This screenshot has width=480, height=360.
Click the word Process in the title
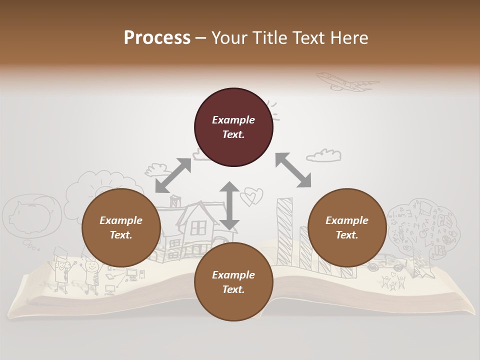[157, 38]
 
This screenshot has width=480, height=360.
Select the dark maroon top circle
[233, 127]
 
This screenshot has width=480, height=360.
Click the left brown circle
[121, 228]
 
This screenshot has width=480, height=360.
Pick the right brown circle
[347, 228]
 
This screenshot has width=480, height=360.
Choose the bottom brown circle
[233, 282]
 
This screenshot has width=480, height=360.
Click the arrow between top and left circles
[173, 175]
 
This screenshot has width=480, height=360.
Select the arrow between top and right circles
[293, 170]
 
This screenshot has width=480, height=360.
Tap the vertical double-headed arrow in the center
[229, 205]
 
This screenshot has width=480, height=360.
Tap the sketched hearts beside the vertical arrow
[250, 196]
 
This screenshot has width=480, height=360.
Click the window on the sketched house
[198, 228]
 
